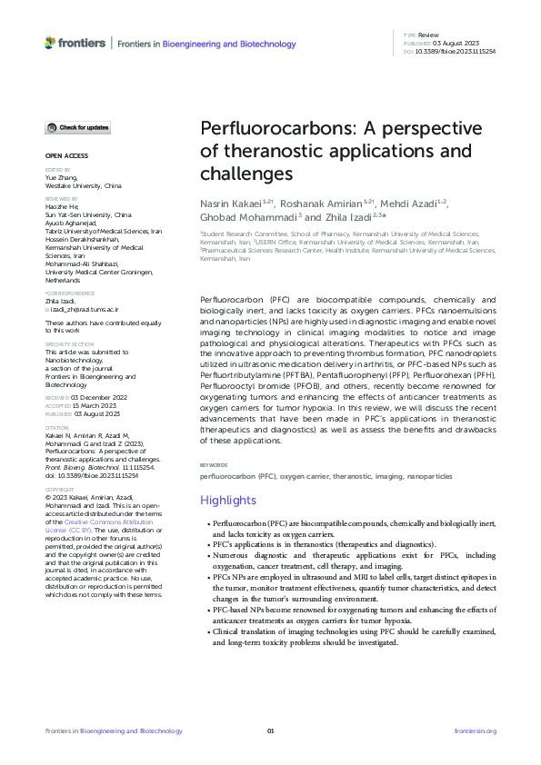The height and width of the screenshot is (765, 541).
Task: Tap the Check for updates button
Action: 78,128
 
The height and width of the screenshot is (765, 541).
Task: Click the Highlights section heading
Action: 227,501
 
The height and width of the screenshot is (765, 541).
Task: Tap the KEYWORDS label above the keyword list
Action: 214,464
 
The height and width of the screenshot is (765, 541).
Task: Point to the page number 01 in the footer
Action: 270,731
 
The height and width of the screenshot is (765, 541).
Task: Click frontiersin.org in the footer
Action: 475,731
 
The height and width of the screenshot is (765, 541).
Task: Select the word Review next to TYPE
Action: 427,35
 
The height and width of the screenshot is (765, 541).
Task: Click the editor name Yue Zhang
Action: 61,177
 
